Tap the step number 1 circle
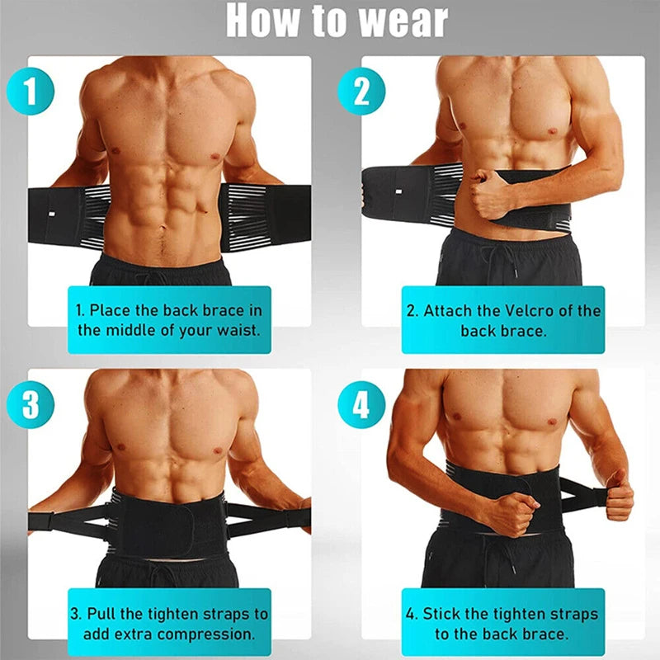pos(31,92)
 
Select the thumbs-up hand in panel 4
pos(616,496)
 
